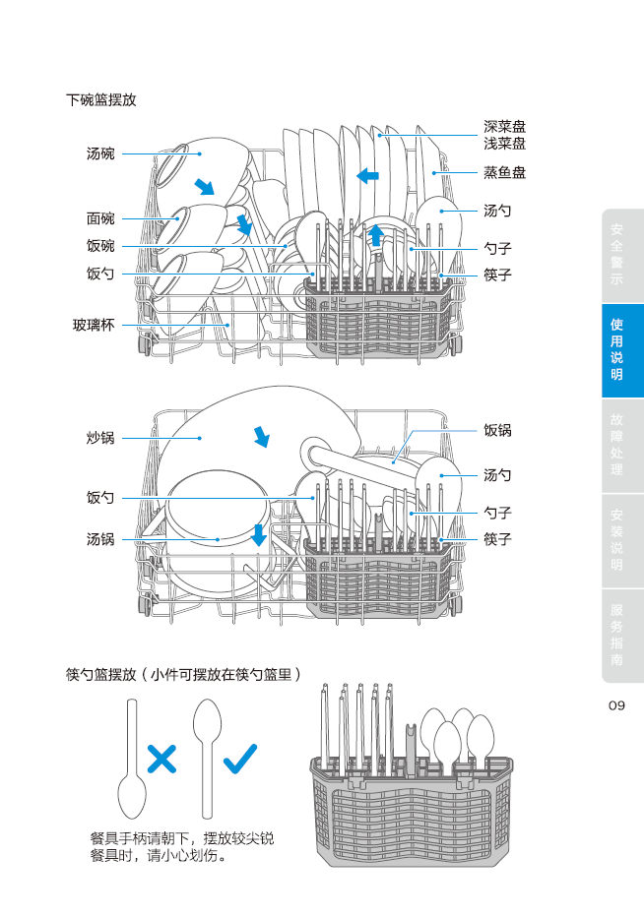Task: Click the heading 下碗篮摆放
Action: point(100,100)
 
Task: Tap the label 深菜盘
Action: point(504,127)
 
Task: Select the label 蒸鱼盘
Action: point(504,172)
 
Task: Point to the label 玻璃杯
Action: point(94,324)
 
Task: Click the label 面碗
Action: point(100,218)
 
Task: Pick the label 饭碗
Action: point(100,246)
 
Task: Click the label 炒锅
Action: point(100,438)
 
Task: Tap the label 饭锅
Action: point(497,430)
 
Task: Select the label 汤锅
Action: point(100,539)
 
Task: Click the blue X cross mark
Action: point(161,758)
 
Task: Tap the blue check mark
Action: point(240,757)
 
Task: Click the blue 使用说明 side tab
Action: point(616,349)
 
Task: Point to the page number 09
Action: point(616,705)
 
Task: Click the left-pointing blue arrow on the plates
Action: point(368,175)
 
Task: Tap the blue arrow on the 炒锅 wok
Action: point(261,436)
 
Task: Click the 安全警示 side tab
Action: point(616,255)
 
